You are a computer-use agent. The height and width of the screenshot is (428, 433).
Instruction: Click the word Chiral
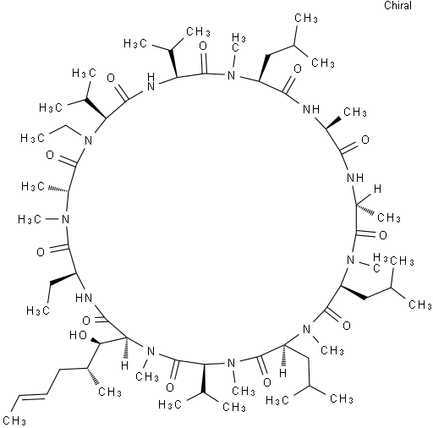click(x=397, y=6)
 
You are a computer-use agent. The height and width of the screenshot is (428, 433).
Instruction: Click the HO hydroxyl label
click(x=78, y=335)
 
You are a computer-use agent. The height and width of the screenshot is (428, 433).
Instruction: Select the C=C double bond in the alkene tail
click(x=32, y=398)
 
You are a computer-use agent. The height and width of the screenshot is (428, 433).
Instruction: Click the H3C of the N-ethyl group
click(x=32, y=138)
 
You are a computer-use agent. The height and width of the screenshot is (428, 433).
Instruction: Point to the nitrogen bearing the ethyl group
click(x=89, y=140)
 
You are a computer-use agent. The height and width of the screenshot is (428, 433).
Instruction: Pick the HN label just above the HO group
click(x=84, y=298)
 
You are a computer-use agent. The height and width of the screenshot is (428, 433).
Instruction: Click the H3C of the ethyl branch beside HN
click(x=38, y=310)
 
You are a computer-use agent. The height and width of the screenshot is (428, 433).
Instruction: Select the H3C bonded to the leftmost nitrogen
click(x=30, y=219)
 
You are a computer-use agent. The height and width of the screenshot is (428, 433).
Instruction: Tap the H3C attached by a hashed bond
click(x=33, y=186)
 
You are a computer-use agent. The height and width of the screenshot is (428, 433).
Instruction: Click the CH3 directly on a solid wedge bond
click(x=355, y=112)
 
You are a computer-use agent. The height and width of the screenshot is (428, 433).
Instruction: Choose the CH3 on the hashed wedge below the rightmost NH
click(x=389, y=217)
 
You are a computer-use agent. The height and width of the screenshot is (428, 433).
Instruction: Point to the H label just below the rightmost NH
click(x=377, y=189)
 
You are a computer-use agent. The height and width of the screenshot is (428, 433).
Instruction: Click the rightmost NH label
click(x=355, y=178)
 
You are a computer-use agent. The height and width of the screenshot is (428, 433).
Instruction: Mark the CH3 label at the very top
click(x=306, y=19)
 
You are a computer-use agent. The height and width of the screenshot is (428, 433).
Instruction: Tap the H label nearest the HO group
click(x=124, y=365)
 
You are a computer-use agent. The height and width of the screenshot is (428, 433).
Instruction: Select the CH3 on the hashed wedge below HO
click(x=110, y=392)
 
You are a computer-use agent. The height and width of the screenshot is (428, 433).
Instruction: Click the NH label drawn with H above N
click(x=151, y=82)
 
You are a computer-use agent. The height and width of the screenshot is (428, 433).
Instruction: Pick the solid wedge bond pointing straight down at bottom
click(x=203, y=378)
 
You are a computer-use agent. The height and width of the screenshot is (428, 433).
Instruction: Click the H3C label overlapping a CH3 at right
click(x=380, y=263)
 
